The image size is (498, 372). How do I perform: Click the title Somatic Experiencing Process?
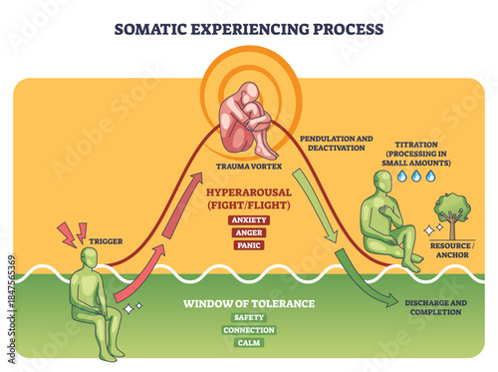click(x=249, y=28)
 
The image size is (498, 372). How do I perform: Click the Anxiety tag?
click(x=247, y=218)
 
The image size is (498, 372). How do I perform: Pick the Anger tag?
click(x=247, y=231)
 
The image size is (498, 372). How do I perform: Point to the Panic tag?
click(x=247, y=243)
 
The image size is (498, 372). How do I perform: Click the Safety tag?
click(x=248, y=316)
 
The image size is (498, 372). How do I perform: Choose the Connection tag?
click(x=248, y=329)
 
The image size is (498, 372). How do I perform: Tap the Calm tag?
click(x=248, y=342)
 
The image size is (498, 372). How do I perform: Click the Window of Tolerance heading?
click(x=248, y=302)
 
